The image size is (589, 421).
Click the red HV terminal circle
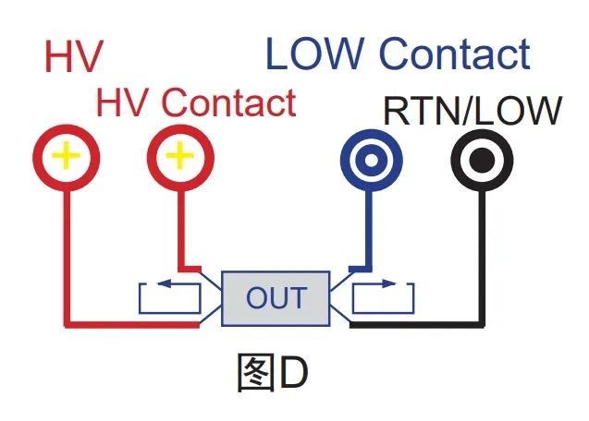click(x=65, y=156)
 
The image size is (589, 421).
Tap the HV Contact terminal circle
click(x=179, y=156)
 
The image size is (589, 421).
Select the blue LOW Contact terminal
click(x=370, y=162)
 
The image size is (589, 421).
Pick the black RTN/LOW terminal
click(x=483, y=162)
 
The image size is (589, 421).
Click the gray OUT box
click(x=276, y=298)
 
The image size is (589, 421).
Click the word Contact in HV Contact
click(x=230, y=102)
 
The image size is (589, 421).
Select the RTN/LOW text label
click(x=472, y=111)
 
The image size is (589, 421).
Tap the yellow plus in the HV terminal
click(x=65, y=156)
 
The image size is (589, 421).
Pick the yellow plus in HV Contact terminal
click(x=179, y=156)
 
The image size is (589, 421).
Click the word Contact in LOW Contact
click(x=459, y=54)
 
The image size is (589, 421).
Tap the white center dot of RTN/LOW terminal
click(x=483, y=162)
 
